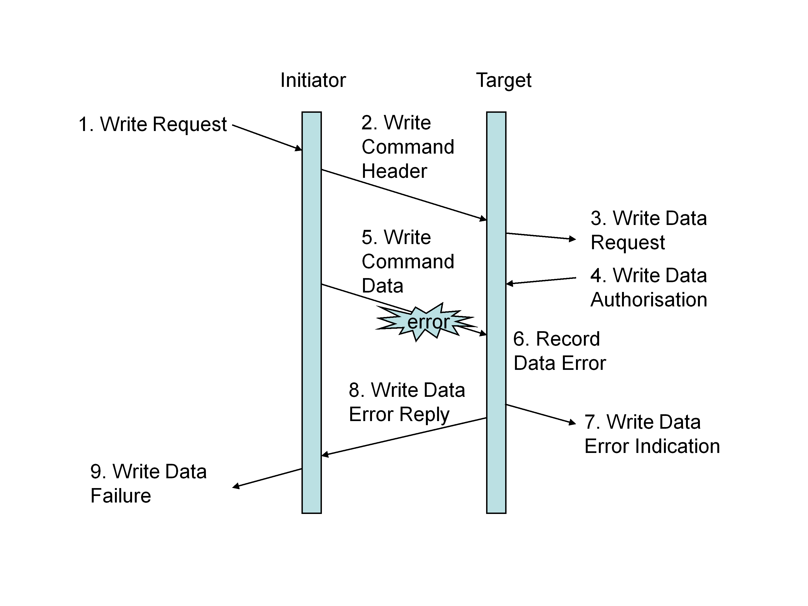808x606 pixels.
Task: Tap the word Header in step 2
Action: click(x=394, y=171)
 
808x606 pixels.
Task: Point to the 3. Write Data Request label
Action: click(x=648, y=230)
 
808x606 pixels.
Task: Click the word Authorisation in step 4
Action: click(x=649, y=300)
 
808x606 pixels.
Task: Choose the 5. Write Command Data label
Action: click(x=407, y=261)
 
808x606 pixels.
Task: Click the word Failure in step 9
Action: click(x=121, y=496)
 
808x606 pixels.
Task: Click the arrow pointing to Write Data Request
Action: click(x=541, y=236)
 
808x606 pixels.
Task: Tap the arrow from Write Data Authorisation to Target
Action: click(x=541, y=281)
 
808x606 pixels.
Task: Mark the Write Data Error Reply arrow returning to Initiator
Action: click(x=404, y=437)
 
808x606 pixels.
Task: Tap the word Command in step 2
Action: click(x=408, y=147)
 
